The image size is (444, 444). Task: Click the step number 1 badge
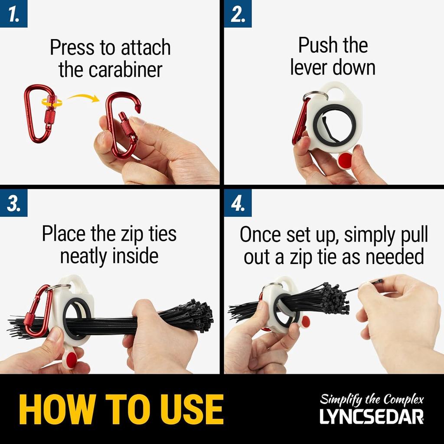(13, 13)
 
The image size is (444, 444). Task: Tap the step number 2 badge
(238, 13)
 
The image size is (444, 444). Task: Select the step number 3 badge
(13, 203)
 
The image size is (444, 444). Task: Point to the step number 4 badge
(238, 203)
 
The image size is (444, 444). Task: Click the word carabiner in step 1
(125, 70)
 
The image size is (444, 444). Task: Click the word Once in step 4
(260, 235)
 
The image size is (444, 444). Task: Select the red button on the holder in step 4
(306, 321)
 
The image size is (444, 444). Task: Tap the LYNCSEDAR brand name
(372, 417)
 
